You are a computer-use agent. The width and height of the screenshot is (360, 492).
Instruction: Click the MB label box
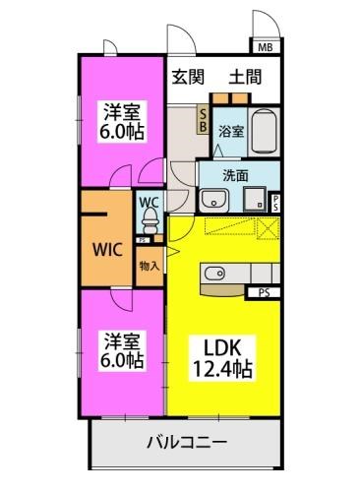(x=266, y=46)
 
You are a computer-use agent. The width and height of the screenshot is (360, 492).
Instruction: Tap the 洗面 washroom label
(x=234, y=175)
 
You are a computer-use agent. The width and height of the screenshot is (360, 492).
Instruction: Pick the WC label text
(x=149, y=204)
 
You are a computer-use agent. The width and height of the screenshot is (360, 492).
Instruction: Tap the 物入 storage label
(x=149, y=266)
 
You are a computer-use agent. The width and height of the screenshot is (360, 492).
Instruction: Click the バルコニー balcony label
(x=188, y=443)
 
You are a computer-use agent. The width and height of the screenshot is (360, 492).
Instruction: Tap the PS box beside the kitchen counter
(x=266, y=291)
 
